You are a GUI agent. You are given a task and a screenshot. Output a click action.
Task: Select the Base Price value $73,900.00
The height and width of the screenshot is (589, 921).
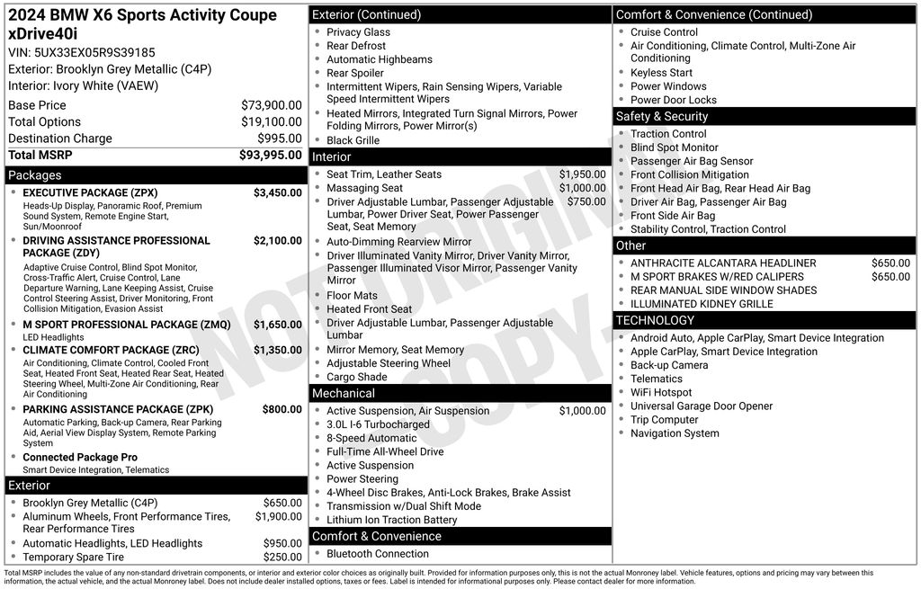pyautogui.click(x=271, y=105)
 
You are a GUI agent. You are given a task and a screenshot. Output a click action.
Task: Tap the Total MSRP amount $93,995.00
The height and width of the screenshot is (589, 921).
pyautogui.click(x=270, y=156)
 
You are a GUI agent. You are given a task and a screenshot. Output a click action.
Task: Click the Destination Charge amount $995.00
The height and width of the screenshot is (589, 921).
pyautogui.click(x=279, y=138)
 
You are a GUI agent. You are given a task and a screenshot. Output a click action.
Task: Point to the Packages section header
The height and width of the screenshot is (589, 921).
pyautogui.click(x=35, y=175)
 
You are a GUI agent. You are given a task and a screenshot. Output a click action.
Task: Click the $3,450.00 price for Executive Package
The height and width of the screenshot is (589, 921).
pyautogui.click(x=277, y=193)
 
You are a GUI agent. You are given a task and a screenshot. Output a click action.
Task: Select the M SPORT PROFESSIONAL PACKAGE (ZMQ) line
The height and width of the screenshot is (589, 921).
pyautogui.click(x=126, y=325)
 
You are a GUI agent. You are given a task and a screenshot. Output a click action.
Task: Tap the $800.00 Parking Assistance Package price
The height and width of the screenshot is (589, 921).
pyautogui.click(x=282, y=409)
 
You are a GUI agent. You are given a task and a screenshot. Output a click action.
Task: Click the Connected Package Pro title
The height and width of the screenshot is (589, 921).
pyautogui.click(x=80, y=458)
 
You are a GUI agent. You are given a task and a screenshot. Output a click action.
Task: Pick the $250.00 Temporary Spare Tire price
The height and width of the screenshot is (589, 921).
pyautogui.click(x=282, y=558)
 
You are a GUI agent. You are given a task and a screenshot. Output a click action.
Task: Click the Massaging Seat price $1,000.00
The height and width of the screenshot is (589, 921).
pyautogui.click(x=582, y=188)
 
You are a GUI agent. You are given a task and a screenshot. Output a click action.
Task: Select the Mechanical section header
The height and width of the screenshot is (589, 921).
pyautogui.click(x=343, y=394)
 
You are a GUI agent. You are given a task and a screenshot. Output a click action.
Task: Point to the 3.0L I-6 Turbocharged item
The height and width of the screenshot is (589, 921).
pyautogui.click(x=378, y=424)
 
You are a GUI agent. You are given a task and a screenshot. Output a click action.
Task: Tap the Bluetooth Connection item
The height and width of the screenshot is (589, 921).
pyautogui.click(x=377, y=554)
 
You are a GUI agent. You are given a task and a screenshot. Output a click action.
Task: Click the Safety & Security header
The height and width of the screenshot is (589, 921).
pyautogui.click(x=662, y=117)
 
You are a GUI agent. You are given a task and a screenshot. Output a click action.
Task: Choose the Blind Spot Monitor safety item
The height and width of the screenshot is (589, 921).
pyautogui.click(x=674, y=147)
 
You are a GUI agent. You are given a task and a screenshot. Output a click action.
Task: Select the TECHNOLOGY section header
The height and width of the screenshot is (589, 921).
pyautogui.click(x=655, y=320)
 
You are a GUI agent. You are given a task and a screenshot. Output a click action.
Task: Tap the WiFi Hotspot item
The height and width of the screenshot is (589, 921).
pyautogui.click(x=661, y=393)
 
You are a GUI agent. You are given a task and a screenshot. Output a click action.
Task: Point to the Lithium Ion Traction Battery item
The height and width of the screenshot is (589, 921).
pyautogui.click(x=391, y=520)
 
